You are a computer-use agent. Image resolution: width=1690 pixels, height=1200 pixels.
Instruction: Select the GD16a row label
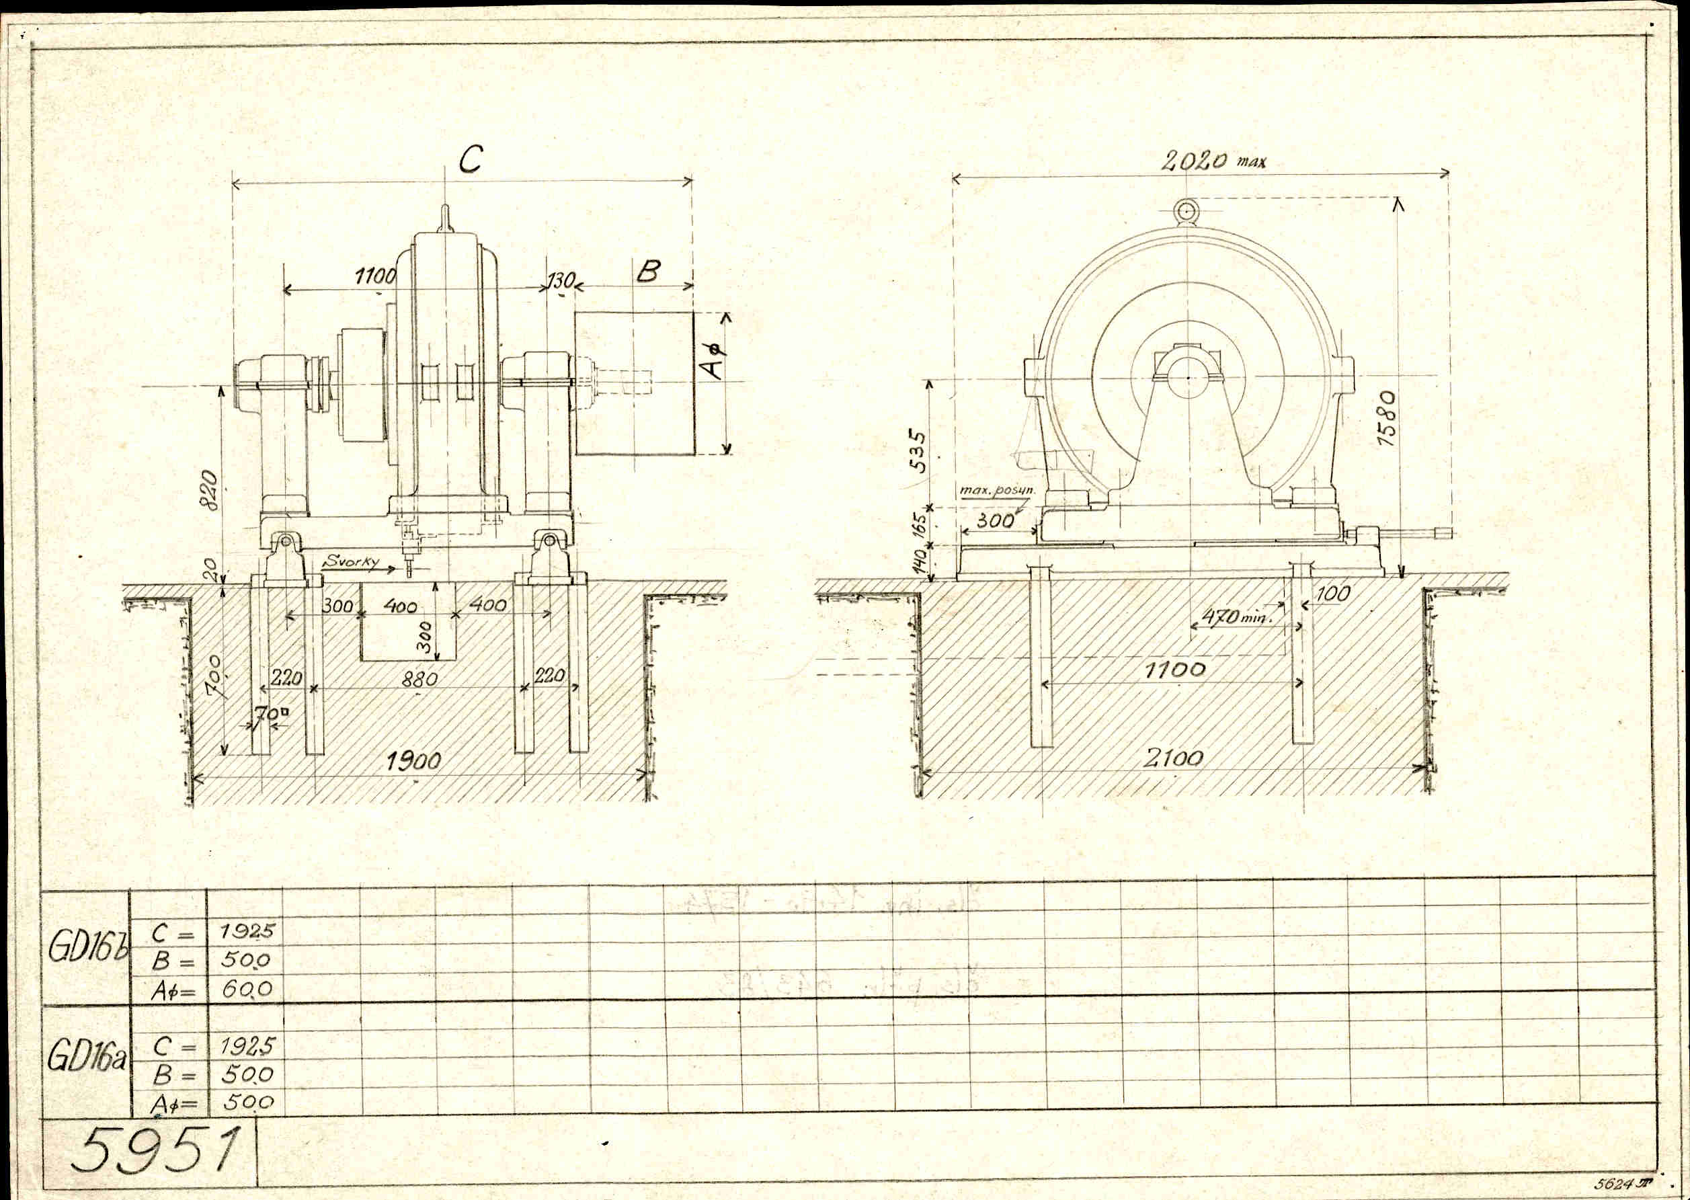(86, 1058)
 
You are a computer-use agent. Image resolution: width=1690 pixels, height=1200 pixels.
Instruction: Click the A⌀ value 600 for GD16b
(247, 989)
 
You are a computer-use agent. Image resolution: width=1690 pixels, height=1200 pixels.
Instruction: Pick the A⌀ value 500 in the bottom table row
(247, 1103)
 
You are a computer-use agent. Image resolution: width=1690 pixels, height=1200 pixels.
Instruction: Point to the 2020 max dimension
(1212, 161)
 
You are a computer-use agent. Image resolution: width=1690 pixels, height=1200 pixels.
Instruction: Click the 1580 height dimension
(1387, 418)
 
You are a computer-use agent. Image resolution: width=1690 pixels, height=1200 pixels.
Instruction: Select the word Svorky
(351, 561)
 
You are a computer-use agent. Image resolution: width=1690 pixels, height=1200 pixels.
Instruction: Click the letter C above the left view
(470, 159)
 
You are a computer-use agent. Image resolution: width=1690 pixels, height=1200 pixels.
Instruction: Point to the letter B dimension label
(647, 272)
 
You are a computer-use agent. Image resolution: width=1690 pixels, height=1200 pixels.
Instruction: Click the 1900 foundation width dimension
(414, 760)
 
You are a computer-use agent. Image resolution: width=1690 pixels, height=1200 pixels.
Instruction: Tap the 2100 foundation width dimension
(1174, 758)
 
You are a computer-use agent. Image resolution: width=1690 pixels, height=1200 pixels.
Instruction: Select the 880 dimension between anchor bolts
(419, 678)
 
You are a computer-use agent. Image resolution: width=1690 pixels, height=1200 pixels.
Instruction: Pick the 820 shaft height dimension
(210, 489)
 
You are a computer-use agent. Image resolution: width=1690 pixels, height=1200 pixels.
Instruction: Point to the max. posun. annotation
(997, 490)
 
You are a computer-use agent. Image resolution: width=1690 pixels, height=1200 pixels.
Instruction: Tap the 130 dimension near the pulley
(560, 281)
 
